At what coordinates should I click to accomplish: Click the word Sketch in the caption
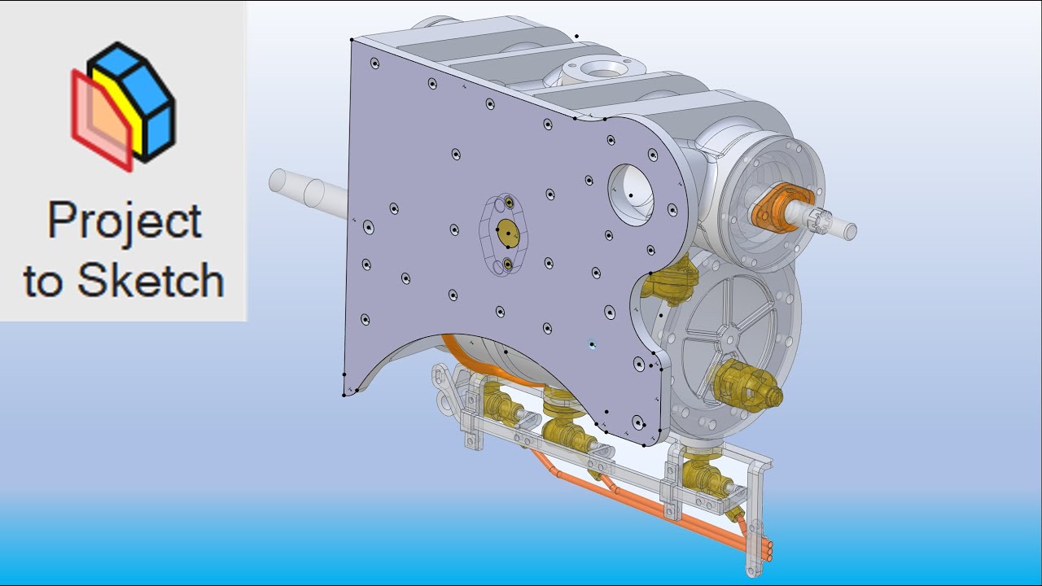point(151,280)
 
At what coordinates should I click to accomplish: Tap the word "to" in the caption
point(43,282)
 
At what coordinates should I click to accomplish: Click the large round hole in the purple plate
point(631,195)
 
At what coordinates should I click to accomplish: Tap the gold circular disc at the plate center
point(508,233)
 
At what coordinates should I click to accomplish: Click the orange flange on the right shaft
point(781,208)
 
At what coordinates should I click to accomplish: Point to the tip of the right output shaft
point(851,231)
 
